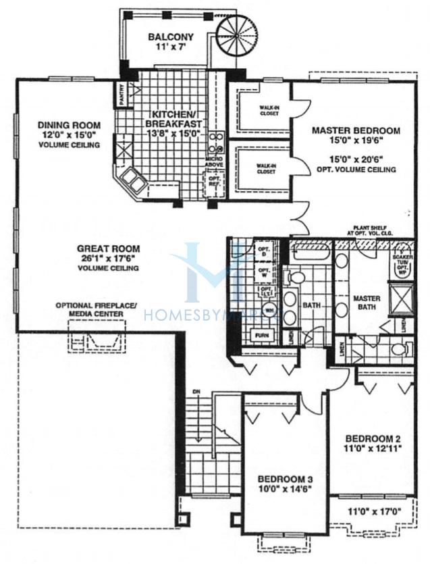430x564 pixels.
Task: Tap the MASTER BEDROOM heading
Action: click(355, 130)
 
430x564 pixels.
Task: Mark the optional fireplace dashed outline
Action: click(99, 337)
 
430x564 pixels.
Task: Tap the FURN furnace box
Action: click(261, 334)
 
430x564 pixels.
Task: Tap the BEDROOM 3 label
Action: click(284, 479)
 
